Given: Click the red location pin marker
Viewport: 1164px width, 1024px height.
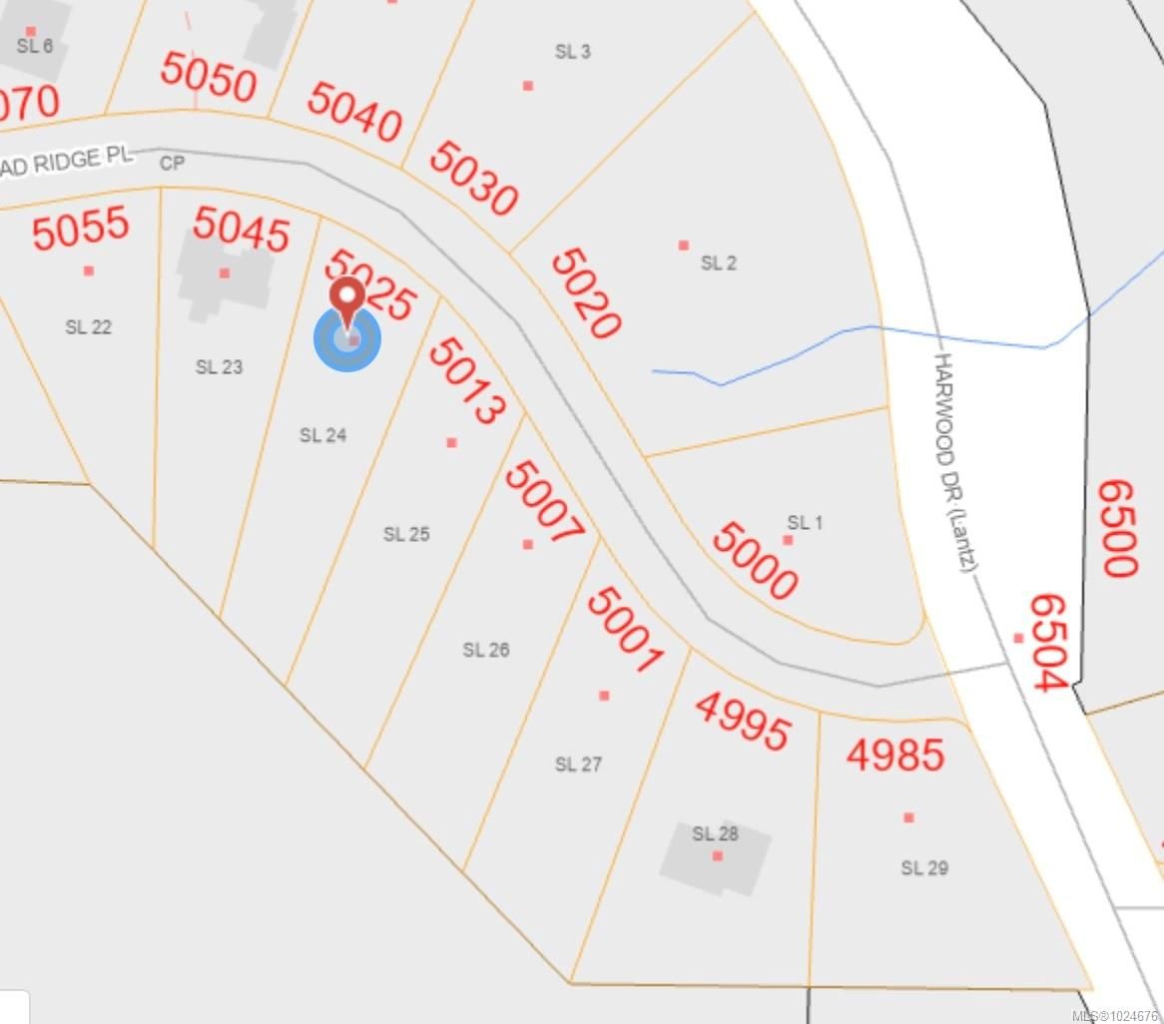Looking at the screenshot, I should pos(347,299).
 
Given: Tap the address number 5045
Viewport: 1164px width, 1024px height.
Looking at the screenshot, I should pos(241,229).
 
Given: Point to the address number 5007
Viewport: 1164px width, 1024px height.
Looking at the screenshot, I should pos(543,503).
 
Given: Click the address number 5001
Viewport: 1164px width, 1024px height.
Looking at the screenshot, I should pos(624,631).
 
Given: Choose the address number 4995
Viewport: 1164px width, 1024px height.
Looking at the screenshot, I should pos(742,722).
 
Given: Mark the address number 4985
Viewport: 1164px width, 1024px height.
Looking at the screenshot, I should pos(895,755).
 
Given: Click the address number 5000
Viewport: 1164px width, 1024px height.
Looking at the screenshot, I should pos(754,561).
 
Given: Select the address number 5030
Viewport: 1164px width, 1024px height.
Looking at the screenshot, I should pos(473,178).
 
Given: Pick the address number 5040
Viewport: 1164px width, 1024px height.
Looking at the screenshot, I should pos(354,112).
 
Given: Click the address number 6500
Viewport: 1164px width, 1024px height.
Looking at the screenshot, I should pos(1117,528).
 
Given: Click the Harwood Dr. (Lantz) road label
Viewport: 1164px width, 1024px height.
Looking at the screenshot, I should pos(953,462).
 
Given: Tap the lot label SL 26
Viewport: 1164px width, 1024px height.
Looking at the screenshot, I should pos(486,650).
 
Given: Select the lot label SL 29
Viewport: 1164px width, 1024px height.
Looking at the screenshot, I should pos(924,868).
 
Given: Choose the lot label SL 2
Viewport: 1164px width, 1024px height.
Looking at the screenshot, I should pos(719,263).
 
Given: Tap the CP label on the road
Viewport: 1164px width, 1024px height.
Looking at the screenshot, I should pos(173,163).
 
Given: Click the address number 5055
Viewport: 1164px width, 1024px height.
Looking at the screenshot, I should pos(80,229).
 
